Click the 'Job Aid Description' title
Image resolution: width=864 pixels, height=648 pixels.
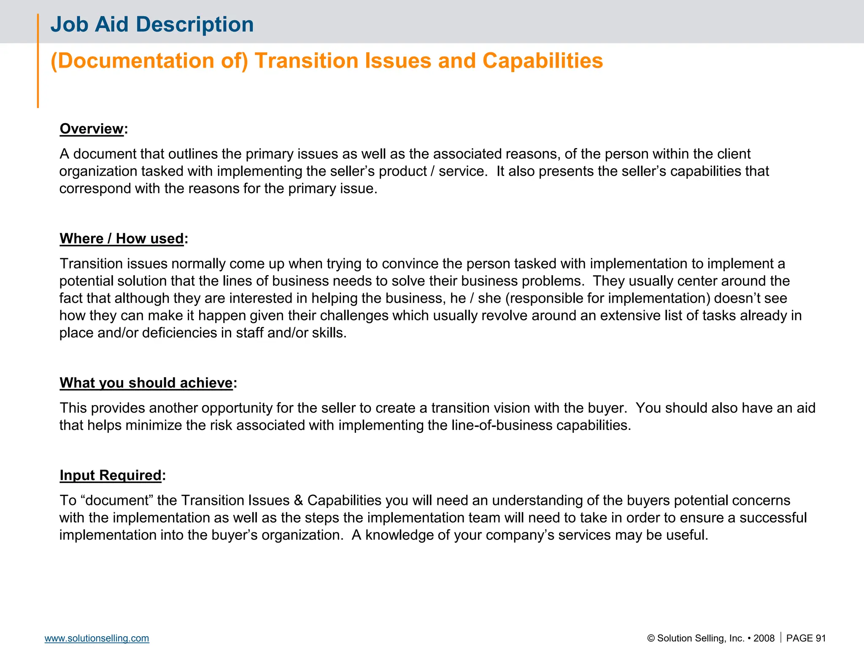152,24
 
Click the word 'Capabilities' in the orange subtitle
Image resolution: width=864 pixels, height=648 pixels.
543,61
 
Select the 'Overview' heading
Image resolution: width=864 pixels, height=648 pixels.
92,129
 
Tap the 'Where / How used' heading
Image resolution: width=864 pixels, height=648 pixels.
122,239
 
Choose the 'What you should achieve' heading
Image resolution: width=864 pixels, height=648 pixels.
146,383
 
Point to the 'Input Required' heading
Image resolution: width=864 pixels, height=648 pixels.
111,475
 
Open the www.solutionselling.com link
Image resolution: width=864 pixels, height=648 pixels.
97,638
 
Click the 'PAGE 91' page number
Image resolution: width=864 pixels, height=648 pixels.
806,638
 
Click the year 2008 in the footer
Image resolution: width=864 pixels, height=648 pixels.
764,638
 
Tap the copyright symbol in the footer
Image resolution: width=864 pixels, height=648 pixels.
651,638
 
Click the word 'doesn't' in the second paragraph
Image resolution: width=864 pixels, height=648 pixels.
737,298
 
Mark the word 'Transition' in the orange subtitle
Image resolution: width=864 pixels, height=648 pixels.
306,61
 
